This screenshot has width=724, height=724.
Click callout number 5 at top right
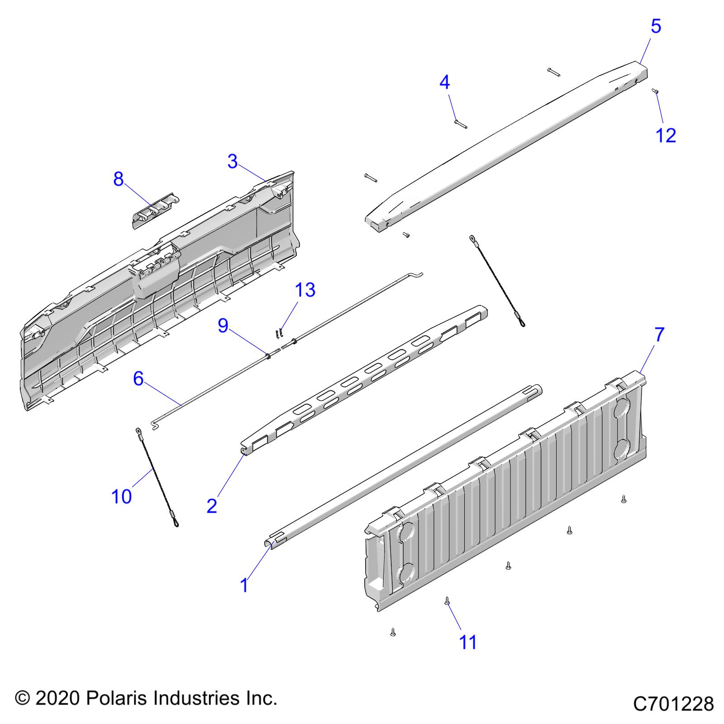(x=656, y=26)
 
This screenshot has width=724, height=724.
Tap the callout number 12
(x=666, y=135)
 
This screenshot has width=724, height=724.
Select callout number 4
(x=445, y=82)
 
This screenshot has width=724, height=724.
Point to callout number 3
(x=233, y=162)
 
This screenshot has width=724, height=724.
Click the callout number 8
(x=119, y=180)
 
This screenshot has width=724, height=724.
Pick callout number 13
(x=305, y=290)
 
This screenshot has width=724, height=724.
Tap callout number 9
(x=223, y=325)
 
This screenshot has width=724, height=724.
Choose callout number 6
(x=138, y=378)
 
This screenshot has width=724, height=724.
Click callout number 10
(x=121, y=496)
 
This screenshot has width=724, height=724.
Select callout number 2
(x=212, y=505)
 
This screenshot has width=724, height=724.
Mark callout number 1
(x=244, y=585)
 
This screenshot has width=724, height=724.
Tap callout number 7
(x=659, y=335)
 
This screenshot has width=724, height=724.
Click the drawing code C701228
(x=673, y=704)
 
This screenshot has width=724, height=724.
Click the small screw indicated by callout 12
(x=654, y=91)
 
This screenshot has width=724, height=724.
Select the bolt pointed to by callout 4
(x=460, y=124)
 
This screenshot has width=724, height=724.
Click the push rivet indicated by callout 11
(x=447, y=601)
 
